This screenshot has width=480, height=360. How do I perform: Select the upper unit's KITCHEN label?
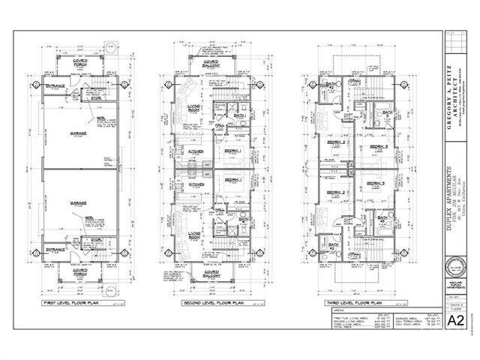coord(193,151)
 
